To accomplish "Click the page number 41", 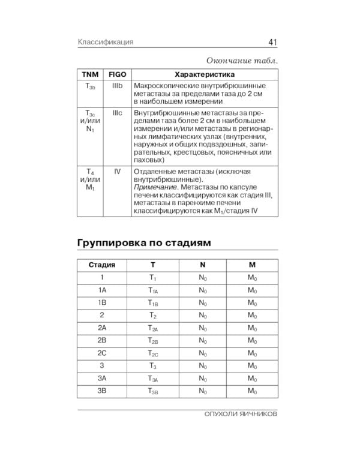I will pos(272,42).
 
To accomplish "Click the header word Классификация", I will pos(105,42).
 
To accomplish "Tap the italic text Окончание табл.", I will pos(242,61).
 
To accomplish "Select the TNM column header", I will pos(90,74).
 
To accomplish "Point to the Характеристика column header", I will pos(203,74).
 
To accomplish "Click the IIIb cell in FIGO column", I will pos(117,87).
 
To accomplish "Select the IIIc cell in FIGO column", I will pos(117,113).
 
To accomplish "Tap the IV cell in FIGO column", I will pos(117,171).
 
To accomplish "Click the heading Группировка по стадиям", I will pos(144,243).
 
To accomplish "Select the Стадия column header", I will pos(102,265).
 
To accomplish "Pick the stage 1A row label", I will pos(102,290).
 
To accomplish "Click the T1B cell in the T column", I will pos(152,303).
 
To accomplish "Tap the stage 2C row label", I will pos(102,353).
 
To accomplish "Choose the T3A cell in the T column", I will pos(152,379).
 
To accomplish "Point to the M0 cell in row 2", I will pos(252,316).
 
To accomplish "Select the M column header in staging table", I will pos(252,265).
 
